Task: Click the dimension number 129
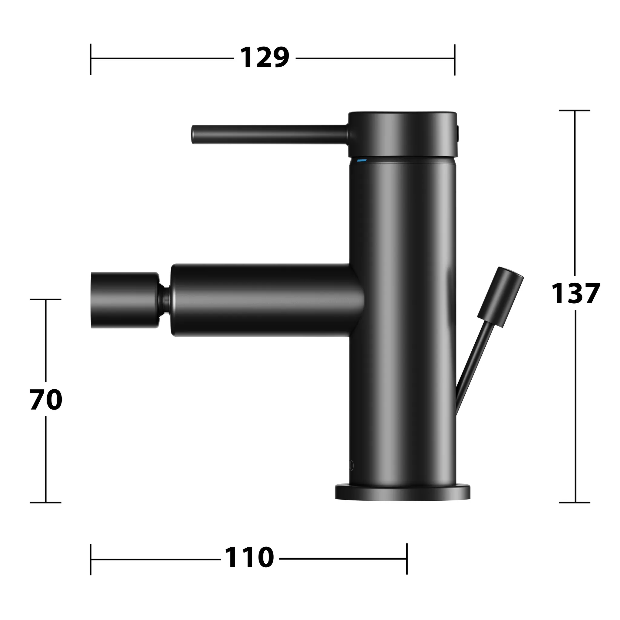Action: click(264, 58)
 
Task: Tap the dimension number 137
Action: click(575, 293)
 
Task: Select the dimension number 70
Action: click(46, 400)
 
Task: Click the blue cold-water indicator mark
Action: click(362, 160)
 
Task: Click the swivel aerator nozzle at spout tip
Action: click(124, 300)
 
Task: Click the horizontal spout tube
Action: click(263, 300)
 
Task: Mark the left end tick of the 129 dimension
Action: click(91, 59)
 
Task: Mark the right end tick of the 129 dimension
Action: click(454, 60)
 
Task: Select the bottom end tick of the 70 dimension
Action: click(46, 503)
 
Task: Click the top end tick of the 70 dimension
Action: click(46, 299)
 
